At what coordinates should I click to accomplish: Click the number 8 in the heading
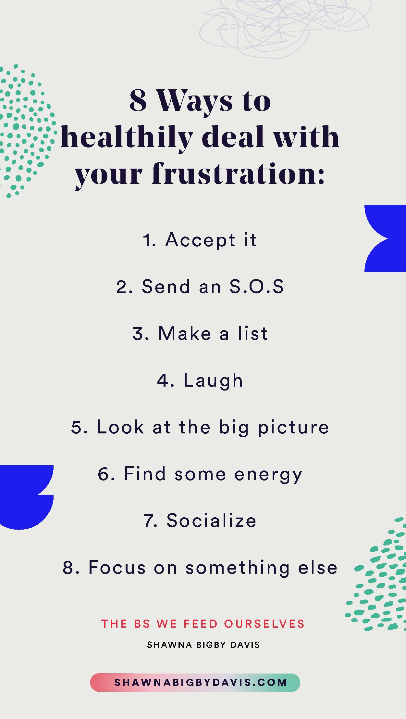tap(138, 100)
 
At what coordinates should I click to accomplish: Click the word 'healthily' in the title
tap(127, 138)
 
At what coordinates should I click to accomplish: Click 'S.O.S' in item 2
tap(256, 287)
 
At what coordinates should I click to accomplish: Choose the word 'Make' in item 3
tap(185, 334)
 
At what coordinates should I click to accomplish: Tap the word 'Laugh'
tap(213, 381)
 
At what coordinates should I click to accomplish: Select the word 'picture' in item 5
tap(293, 427)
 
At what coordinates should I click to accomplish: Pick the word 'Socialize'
tap(211, 520)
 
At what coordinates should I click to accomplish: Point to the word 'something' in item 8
tap(238, 568)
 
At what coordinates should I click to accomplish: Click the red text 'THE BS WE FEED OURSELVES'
tap(203, 624)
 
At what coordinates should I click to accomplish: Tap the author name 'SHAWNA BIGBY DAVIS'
tap(203, 645)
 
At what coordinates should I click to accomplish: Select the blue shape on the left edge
tap(24, 497)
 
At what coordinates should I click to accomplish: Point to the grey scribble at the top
tap(279, 26)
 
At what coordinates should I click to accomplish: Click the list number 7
tap(150, 521)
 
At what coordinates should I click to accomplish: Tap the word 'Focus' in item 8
tap(117, 568)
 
